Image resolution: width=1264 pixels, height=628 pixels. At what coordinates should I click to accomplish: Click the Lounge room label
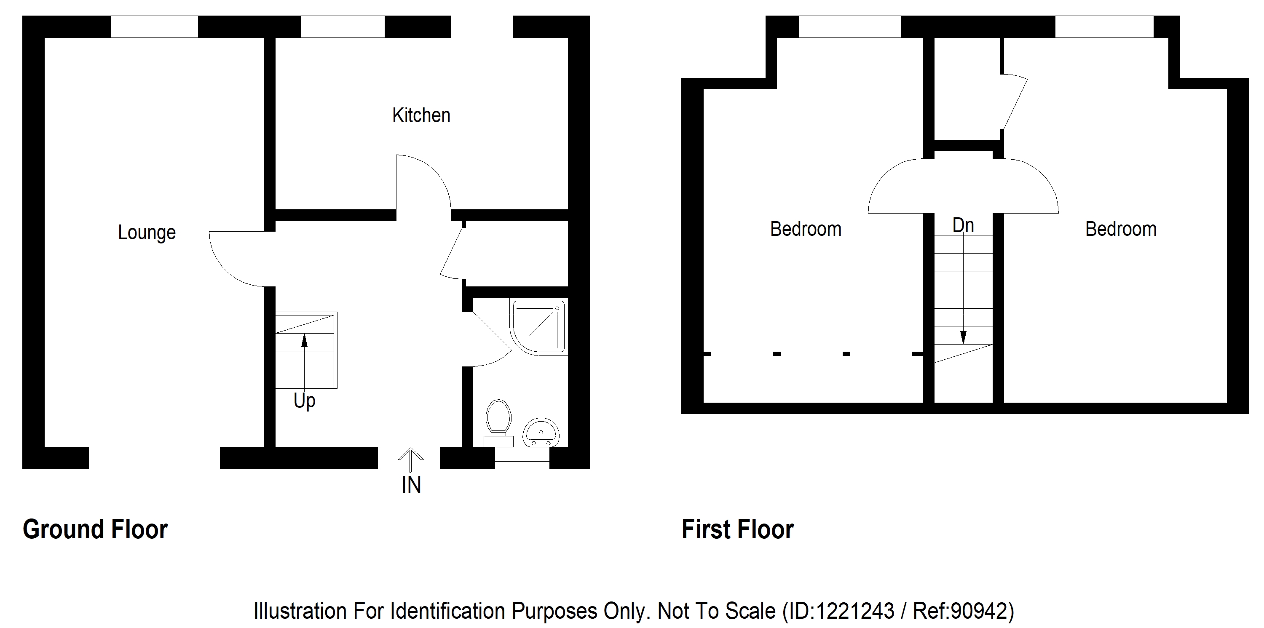(x=147, y=232)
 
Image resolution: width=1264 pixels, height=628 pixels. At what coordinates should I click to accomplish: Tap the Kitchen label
(x=421, y=115)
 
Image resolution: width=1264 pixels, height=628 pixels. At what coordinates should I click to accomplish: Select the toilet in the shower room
(x=498, y=423)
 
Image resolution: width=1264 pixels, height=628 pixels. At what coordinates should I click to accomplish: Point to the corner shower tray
(x=539, y=327)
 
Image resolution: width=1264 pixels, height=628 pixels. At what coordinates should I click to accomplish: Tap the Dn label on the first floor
(x=963, y=226)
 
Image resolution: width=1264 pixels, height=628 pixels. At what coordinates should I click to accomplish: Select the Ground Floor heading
(x=95, y=529)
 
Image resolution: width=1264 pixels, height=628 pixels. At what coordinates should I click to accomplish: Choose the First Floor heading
(x=737, y=529)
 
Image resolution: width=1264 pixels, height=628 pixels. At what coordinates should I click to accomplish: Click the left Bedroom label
(x=806, y=229)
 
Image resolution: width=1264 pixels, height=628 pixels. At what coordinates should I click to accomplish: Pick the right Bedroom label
(x=1121, y=229)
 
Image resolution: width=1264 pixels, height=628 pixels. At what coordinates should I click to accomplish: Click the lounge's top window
(x=154, y=27)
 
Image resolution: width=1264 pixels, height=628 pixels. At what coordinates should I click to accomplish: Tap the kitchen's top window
(x=343, y=27)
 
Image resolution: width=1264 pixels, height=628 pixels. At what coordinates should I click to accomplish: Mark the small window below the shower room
(x=522, y=458)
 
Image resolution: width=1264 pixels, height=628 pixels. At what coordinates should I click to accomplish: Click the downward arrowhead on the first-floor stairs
(x=963, y=337)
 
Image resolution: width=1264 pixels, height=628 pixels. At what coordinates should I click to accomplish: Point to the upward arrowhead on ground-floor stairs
(x=304, y=340)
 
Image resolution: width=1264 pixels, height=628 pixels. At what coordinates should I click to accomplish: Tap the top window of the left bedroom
(x=850, y=27)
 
